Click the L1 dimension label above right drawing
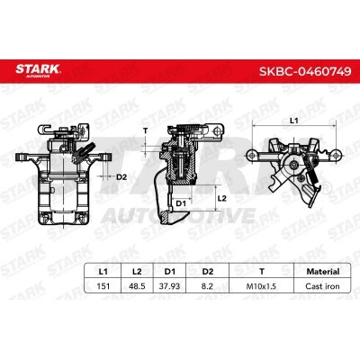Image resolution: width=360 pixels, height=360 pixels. [292, 120]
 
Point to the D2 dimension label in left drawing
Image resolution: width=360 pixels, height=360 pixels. [121, 176]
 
